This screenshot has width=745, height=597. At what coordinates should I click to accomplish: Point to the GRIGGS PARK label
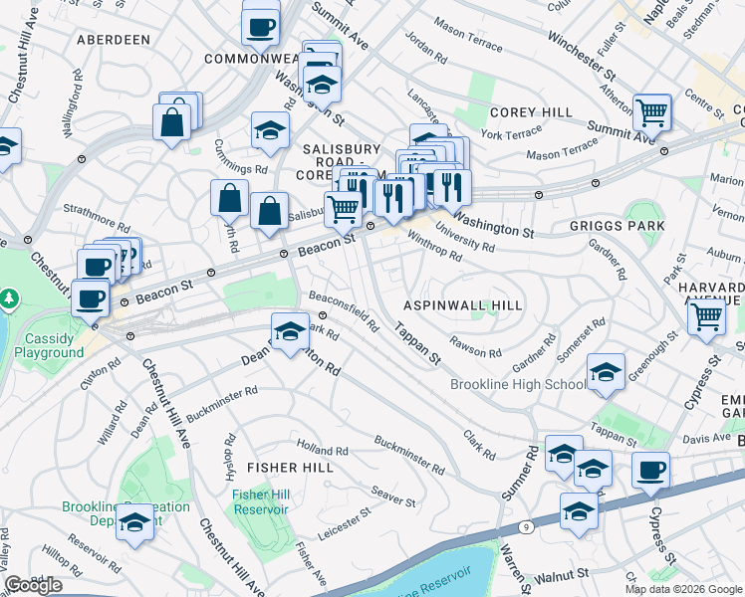(x=617, y=226)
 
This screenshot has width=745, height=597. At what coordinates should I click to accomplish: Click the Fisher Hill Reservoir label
(x=260, y=501)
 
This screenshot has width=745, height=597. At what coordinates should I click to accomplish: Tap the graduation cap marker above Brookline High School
(x=606, y=371)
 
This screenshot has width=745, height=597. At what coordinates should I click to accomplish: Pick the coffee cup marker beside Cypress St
(x=650, y=470)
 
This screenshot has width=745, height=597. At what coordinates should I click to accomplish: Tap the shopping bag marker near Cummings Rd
(x=172, y=121)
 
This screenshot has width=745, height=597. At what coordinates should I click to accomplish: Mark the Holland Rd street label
(x=322, y=450)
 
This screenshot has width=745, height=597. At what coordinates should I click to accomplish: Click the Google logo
(x=33, y=585)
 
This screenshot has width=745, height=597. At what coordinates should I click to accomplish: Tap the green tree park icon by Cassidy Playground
(x=9, y=298)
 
